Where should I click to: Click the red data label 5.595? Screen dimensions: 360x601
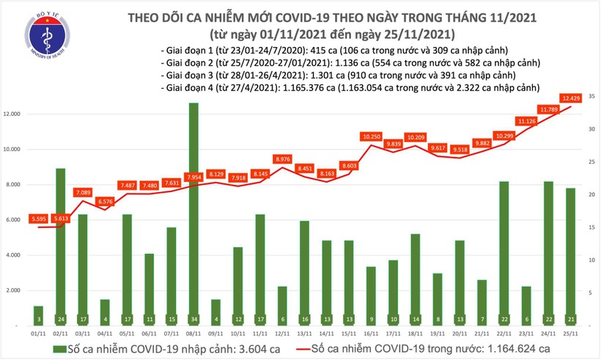(38, 218)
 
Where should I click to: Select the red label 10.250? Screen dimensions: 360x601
(372, 136)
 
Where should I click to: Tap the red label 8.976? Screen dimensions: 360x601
(283, 159)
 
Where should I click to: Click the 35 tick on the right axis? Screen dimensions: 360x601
(590, 96)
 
